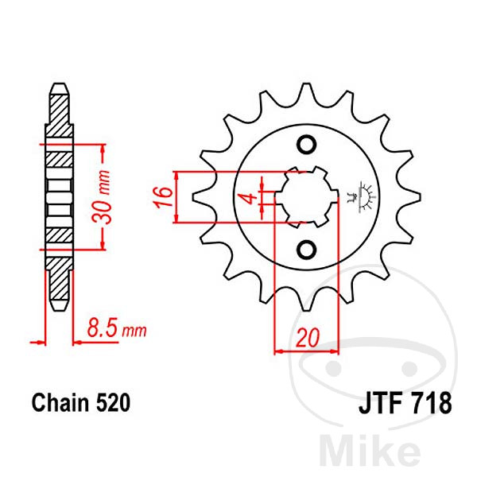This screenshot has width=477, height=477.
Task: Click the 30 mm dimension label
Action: point(101,197)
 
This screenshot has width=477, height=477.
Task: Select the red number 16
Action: point(163,197)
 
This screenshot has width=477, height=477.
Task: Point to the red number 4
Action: point(250,198)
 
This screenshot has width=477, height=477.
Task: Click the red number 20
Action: point(308,337)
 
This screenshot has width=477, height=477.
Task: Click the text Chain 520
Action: point(81,403)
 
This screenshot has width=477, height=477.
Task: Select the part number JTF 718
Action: point(405,403)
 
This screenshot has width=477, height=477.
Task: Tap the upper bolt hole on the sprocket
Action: point(306,144)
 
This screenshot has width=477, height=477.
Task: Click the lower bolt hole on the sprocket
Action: point(306,250)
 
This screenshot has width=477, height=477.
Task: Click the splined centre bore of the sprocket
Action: point(306,197)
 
